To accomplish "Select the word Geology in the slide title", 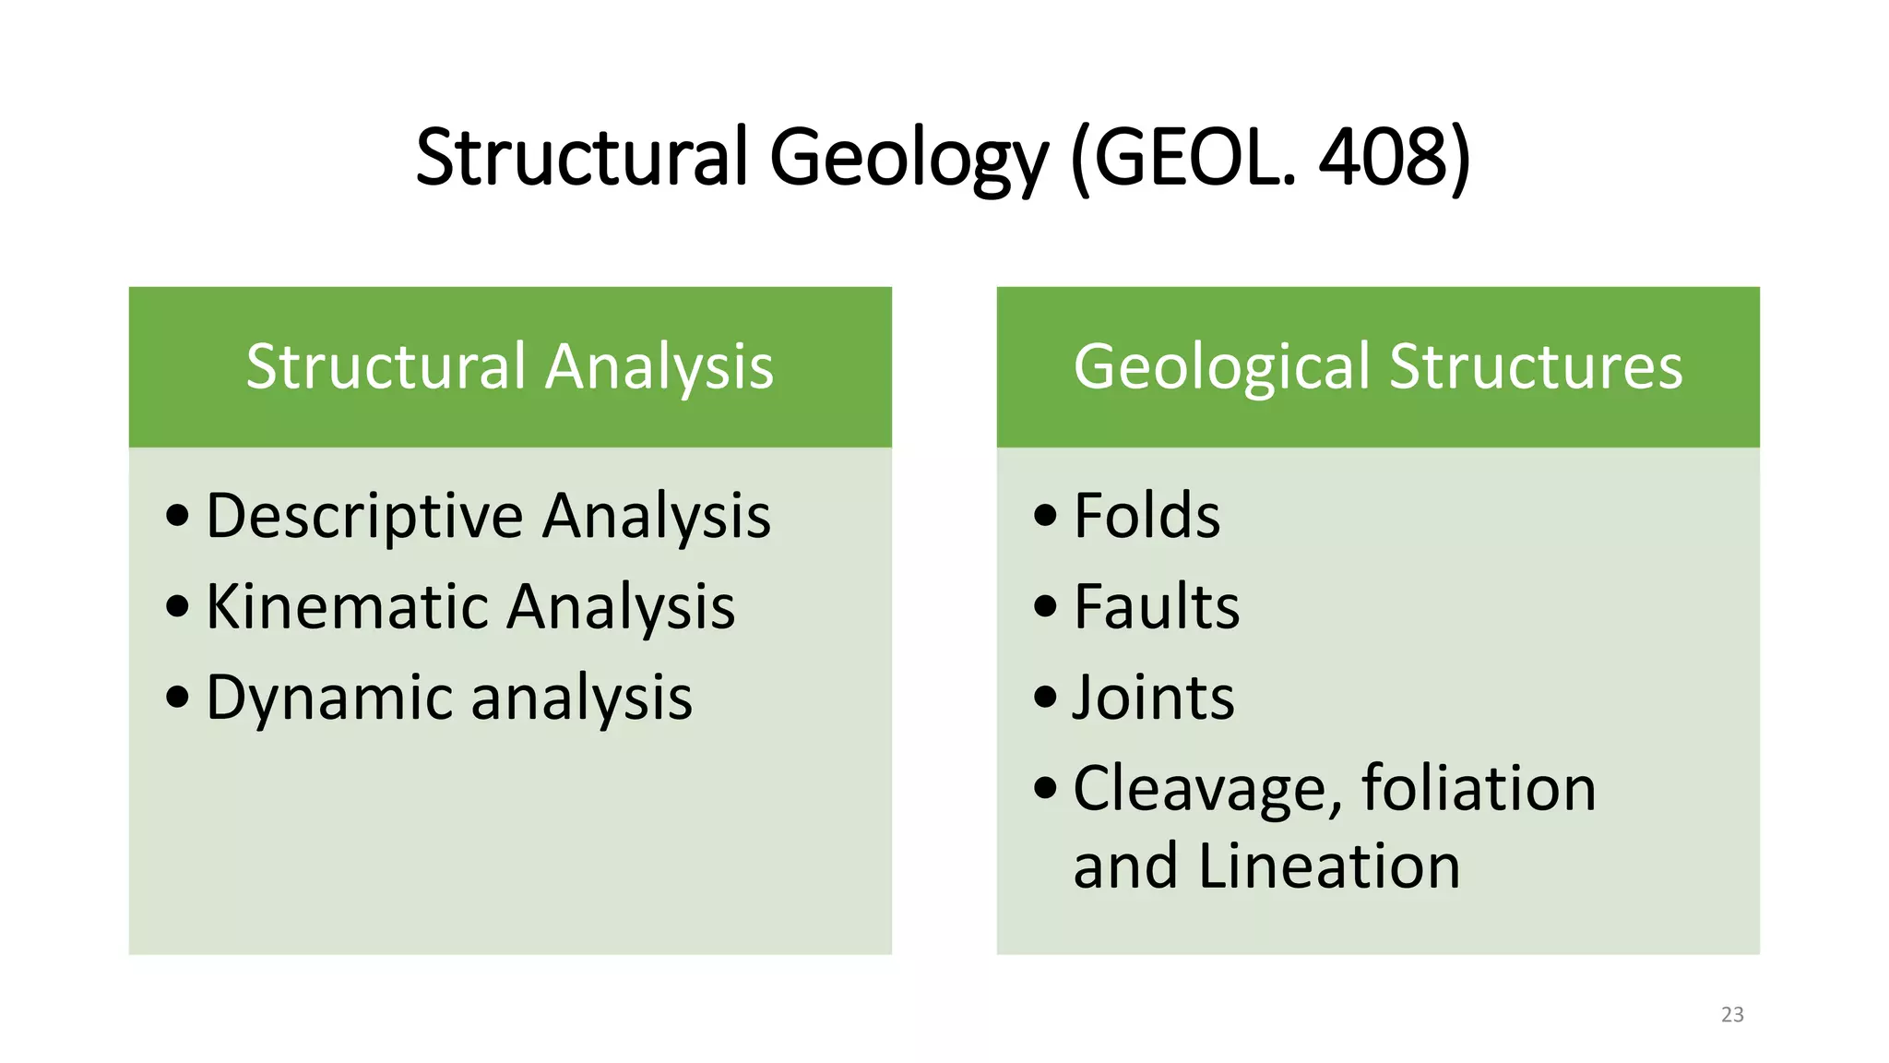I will (x=908, y=159).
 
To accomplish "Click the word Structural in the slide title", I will (x=581, y=157).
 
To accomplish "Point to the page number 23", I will (x=1732, y=1015).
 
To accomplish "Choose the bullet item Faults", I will (x=1157, y=606).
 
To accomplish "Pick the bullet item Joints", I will (x=1153, y=698).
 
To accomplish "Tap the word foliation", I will (x=1479, y=788).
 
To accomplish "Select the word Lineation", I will (x=1329, y=866).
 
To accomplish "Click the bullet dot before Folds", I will (x=1045, y=515).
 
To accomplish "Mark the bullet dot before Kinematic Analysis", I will (x=177, y=606).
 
